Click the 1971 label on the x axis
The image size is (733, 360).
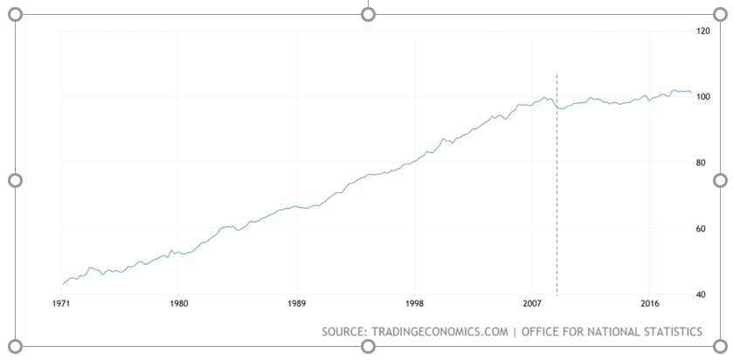[x=61, y=305]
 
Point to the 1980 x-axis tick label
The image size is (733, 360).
[x=179, y=305]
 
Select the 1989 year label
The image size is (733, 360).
[x=297, y=305]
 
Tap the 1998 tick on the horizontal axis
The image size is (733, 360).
[x=415, y=305]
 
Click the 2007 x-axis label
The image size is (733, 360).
[x=533, y=305]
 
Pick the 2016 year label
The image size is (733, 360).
[x=650, y=305]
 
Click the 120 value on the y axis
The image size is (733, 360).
[x=702, y=31]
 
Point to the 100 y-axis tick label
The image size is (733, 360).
[x=702, y=97]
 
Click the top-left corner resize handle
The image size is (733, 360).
[x=15, y=15]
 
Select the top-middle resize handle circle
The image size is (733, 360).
[x=368, y=15]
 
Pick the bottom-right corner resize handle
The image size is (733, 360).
[x=721, y=346]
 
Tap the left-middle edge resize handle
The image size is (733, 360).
[x=15, y=180]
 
